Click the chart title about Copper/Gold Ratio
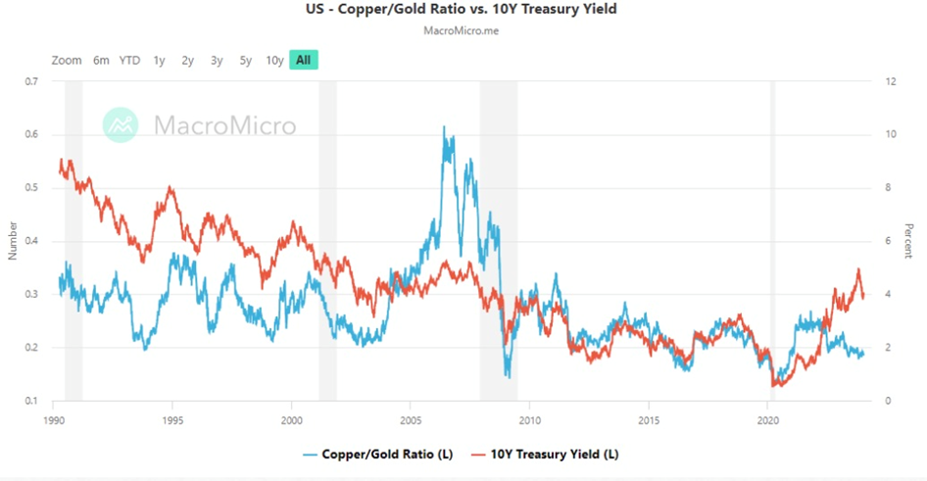[x=463, y=10]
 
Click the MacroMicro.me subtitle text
[x=463, y=31]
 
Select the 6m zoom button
[x=101, y=61]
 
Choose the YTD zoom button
[x=129, y=61]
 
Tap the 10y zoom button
[x=274, y=61]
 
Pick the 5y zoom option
[x=245, y=61]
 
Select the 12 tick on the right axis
[x=887, y=81]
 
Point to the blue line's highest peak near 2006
[x=444, y=126]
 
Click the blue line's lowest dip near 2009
[x=508, y=377]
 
